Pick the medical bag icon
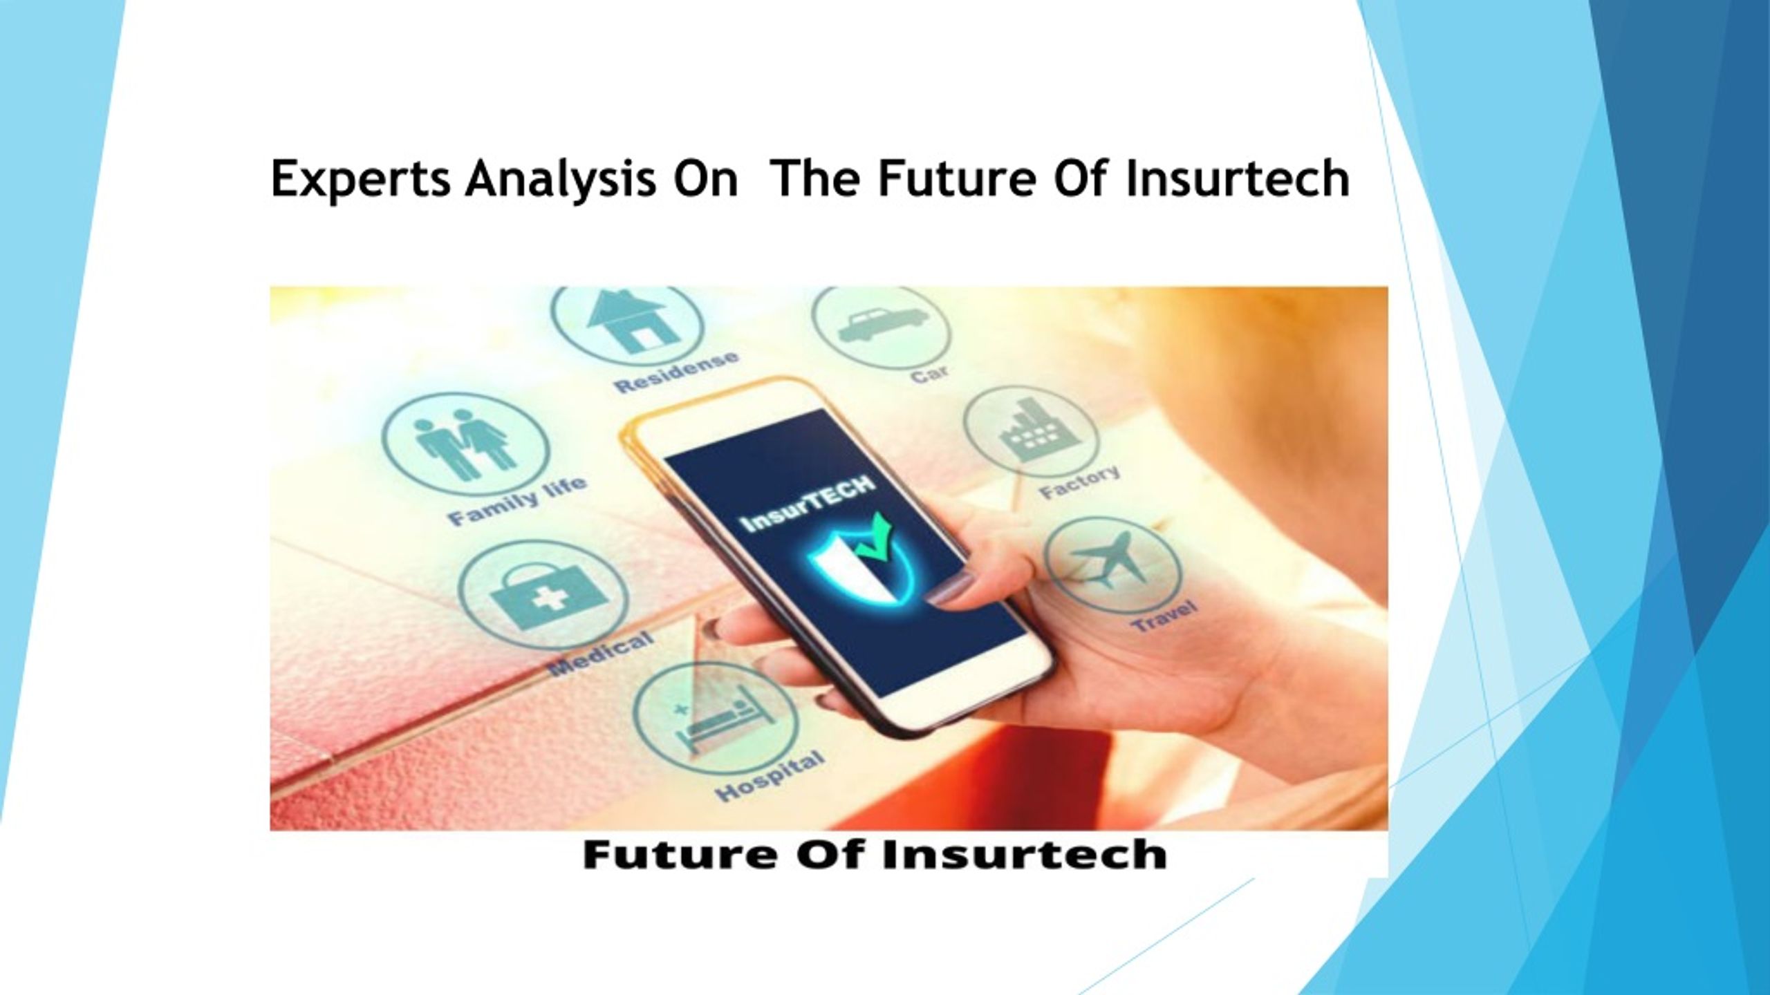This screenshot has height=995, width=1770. tap(543, 594)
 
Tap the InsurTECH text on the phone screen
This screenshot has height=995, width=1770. tap(806, 509)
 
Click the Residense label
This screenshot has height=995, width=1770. tap(676, 372)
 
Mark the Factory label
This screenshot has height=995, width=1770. tap(1079, 482)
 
